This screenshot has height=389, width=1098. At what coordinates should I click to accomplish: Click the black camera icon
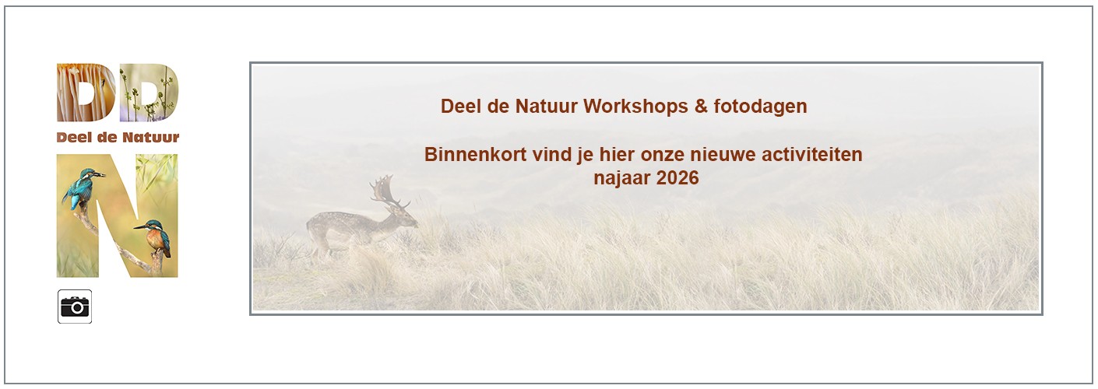pos(75,307)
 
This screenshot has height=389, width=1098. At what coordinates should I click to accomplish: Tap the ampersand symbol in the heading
pos(701,107)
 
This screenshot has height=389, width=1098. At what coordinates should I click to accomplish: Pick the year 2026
pos(677,178)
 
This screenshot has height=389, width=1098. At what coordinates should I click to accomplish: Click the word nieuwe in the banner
pos(730,154)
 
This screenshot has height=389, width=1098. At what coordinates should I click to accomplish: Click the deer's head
pos(407,218)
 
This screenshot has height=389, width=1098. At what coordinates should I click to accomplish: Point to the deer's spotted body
pos(343,228)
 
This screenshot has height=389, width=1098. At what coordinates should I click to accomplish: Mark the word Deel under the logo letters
pos(72,138)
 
